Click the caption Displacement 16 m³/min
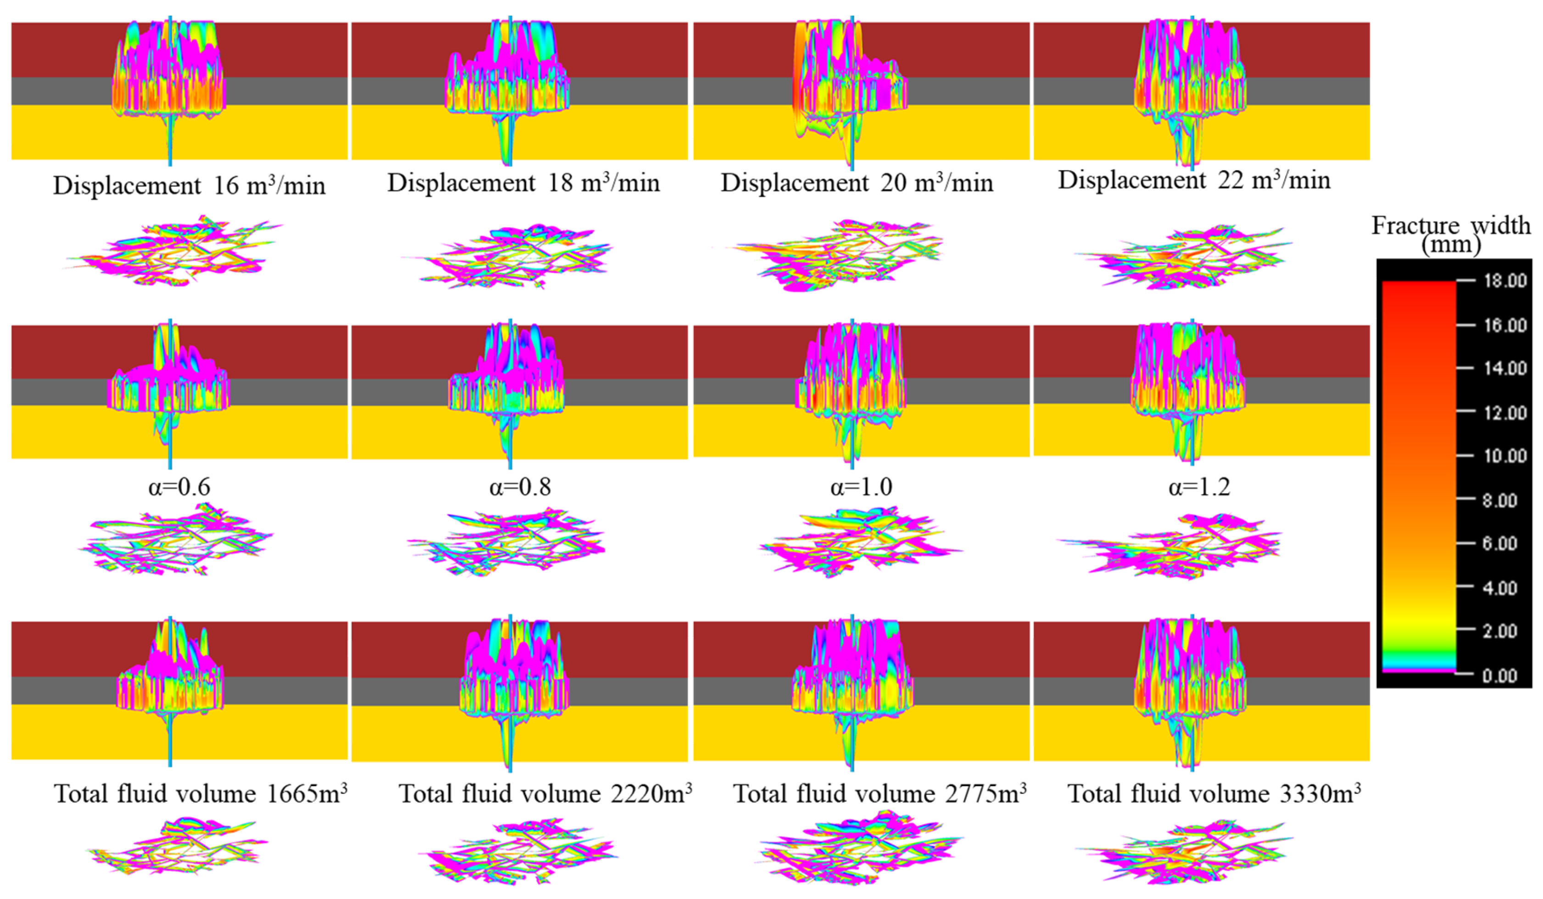[189, 185]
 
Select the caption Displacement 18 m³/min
[524, 183]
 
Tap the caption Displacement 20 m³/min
[857, 183]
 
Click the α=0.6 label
[179, 487]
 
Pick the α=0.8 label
[520, 487]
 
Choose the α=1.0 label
[861, 487]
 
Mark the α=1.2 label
[1199, 487]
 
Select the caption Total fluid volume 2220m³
[546, 793]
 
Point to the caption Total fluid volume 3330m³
[1214, 793]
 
